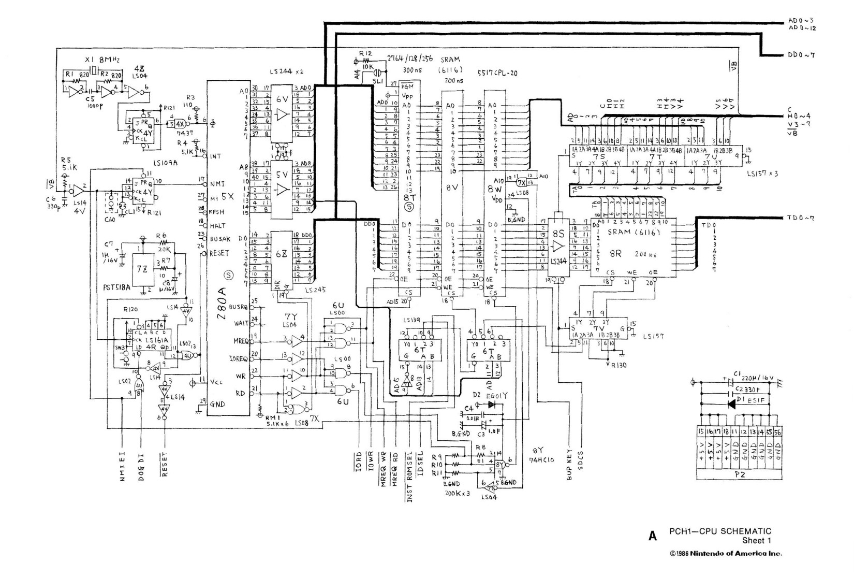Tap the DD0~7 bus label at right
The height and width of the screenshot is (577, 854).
802,55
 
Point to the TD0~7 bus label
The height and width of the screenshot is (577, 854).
801,218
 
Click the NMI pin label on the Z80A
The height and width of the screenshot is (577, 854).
217,183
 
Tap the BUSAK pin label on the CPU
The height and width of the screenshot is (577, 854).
220,239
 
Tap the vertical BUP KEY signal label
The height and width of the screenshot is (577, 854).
569,464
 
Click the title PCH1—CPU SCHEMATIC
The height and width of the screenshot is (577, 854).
720,531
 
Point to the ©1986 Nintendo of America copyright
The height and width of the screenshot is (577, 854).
726,553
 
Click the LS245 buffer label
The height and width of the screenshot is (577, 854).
315,290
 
